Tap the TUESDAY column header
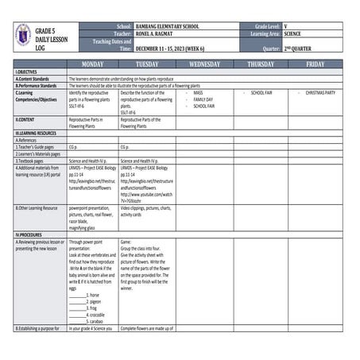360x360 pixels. pyautogui.click(x=147, y=64)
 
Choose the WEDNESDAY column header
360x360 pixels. pyautogui.click(x=204, y=64)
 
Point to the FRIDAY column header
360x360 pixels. pyautogui.click(x=315, y=64)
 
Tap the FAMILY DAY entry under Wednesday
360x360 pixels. pyautogui.click(x=203, y=99)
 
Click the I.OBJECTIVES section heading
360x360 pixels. pyautogui.click(x=28, y=72)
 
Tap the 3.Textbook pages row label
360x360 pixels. pyautogui.click(x=34, y=161)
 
